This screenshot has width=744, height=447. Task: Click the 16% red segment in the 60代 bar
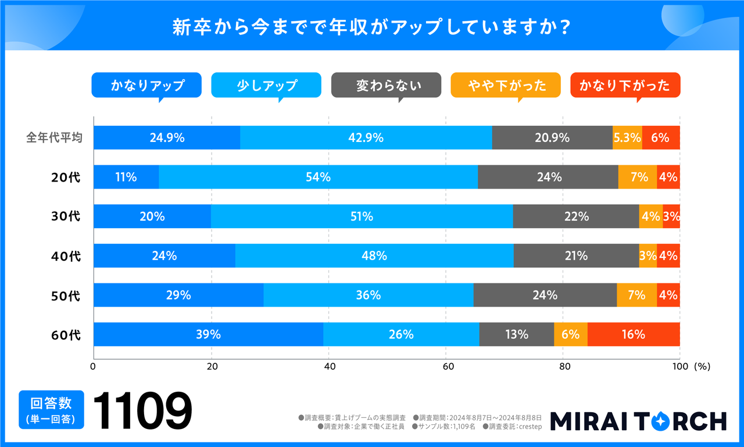(634, 334)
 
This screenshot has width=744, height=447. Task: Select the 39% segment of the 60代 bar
(208, 334)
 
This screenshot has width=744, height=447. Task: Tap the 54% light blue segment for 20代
(318, 177)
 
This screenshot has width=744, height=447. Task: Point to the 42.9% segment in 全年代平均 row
(366, 138)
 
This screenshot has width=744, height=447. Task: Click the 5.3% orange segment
(627, 138)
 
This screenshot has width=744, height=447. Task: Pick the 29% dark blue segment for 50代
(178, 295)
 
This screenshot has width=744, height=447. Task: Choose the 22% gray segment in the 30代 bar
(576, 216)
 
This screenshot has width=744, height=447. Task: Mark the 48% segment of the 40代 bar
(374, 256)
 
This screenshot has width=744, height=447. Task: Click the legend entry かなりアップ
(146, 86)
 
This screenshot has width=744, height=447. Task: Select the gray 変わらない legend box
(386, 86)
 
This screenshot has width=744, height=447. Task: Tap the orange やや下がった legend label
(506, 86)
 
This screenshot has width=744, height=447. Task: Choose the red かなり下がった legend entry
(625, 86)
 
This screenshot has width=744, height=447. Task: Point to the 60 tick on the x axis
(448, 367)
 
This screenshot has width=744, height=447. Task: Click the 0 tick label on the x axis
(93, 367)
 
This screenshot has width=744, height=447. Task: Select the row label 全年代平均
(54, 138)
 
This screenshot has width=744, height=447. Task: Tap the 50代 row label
(66, 296)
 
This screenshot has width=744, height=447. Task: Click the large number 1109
(142, 410)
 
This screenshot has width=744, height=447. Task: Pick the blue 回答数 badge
(51, 410)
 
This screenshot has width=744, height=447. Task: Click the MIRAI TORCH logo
(638, 421)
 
